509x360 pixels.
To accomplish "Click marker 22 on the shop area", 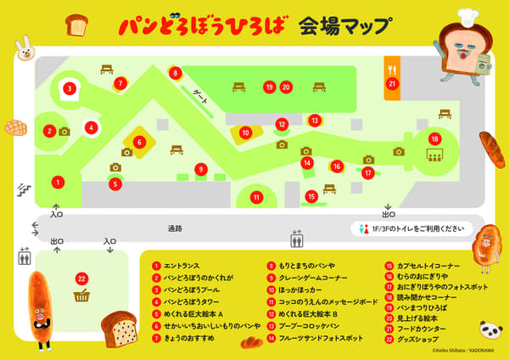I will point(81,278).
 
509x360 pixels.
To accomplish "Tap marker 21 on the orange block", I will point(392,83).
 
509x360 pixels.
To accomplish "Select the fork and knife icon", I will point(392,66).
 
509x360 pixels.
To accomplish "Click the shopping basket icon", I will point(82,295).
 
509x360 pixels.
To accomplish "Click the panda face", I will point(490,329).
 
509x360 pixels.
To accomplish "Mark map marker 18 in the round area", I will point(434,139).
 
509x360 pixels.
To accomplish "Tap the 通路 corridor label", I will point(175,228).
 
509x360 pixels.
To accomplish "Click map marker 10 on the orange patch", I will point(245,132).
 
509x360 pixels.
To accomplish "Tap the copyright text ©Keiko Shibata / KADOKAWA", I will point(467,349).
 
